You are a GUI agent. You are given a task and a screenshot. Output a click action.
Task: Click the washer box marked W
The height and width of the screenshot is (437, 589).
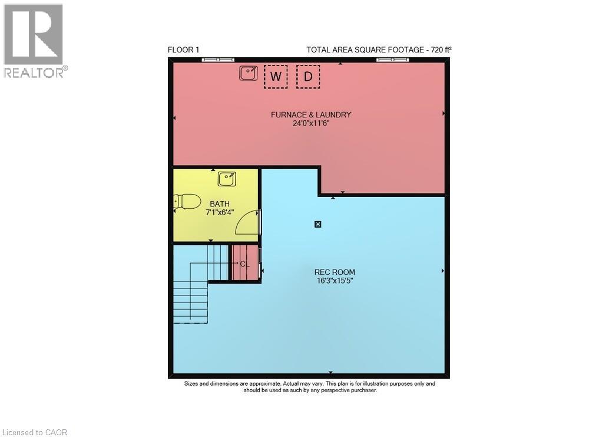(x=276, y=77)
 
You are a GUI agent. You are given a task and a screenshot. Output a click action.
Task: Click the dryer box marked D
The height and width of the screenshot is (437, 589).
(x=308, y=77)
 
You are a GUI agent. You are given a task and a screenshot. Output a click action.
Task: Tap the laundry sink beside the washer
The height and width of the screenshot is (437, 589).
(x=249, y=73)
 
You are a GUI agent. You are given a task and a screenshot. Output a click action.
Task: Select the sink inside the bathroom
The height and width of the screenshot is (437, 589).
(x=227, y=179)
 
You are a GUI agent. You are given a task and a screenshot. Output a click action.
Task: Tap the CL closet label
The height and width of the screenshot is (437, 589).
(x=244, y=264)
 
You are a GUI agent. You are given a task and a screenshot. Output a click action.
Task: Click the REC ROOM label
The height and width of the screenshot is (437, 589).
(x=335, y=272)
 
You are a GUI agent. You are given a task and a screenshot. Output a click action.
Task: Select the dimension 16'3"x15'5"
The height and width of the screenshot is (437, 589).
(x=335, y=281)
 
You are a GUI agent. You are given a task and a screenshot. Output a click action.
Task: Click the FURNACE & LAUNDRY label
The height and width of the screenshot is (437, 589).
(x=311, y=114)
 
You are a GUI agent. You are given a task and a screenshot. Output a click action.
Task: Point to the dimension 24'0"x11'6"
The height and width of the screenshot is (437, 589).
(x=311, y=123)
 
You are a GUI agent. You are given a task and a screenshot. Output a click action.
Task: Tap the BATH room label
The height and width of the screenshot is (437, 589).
(x=220, y=204)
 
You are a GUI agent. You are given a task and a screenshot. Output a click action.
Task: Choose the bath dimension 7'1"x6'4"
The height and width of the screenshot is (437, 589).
(x=220, y=212)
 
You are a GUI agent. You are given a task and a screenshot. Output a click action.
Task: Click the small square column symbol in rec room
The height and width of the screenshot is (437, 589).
(x=318, y=225)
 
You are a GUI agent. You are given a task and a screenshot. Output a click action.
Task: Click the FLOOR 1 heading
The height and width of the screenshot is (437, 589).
(x=183, y=50)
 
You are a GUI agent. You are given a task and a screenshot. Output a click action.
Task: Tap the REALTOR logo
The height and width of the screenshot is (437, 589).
(x=35, y=41)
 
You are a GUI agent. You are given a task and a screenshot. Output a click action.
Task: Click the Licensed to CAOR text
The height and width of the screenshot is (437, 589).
(x=34, y=432)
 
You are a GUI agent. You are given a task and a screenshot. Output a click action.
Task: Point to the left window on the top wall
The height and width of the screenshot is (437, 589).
(x=218, y=60)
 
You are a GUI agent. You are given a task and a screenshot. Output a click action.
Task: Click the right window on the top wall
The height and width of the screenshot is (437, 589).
(x=393, y=60)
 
